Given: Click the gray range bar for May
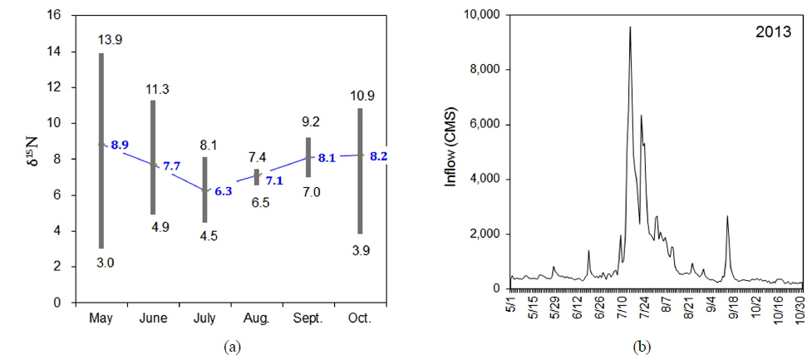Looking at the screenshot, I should [101, 150].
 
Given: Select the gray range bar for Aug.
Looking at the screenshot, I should [256, 177].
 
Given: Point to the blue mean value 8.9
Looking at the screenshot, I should [120, 145].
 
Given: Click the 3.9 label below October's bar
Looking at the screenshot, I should [360, 249].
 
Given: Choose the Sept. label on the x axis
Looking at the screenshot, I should [308, 318].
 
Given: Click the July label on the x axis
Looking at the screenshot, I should [204, 318].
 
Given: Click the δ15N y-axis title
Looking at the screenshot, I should [30, 158].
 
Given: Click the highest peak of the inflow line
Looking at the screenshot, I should [630, 27].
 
